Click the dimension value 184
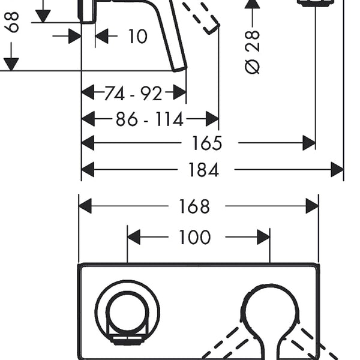pyautogui.click(x=203, y=170)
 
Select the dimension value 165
pyautogui.click(x=207, y=143)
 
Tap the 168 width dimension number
pyautogui.click(x=194, y=206)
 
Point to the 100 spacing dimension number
pyautogui.click(x=194, y=237)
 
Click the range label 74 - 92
pyautogui.click(x=133, y=94)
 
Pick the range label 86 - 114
pyautogui.click(x=149, y=119)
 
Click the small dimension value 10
pyautogui.click(x=137, y=36)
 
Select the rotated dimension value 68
pyautogui.click(x=12, y=22)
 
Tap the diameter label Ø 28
pyautogui.click(x=253, y=52)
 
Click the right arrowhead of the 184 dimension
pyautogui.click(x=337, y=170)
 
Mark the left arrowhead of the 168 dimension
pyautogui.click(x=85, y=206)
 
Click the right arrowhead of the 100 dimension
pyautogui.click(x=263, y=237)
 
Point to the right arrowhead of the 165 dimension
pyautogui.click(x=309, y=143)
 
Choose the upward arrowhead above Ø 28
pyautogui.click(x=253, y=4)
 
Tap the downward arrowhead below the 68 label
pyautogui.click(x=11, y=64)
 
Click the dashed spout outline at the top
pyautogui.click(x=202, y=16)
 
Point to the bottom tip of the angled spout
pyautogui.click(x=180, y=70)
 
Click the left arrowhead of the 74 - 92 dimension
pyautogui.click(x=88, y=92)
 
